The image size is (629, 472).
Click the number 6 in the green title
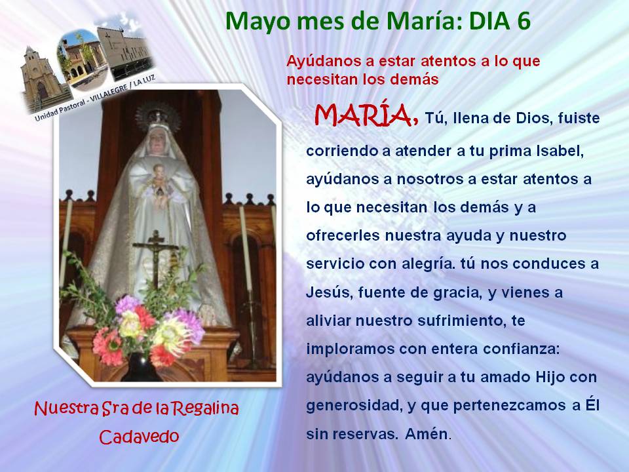522,21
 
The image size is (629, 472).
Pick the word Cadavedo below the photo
139,437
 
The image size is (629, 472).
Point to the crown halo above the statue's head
158,115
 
